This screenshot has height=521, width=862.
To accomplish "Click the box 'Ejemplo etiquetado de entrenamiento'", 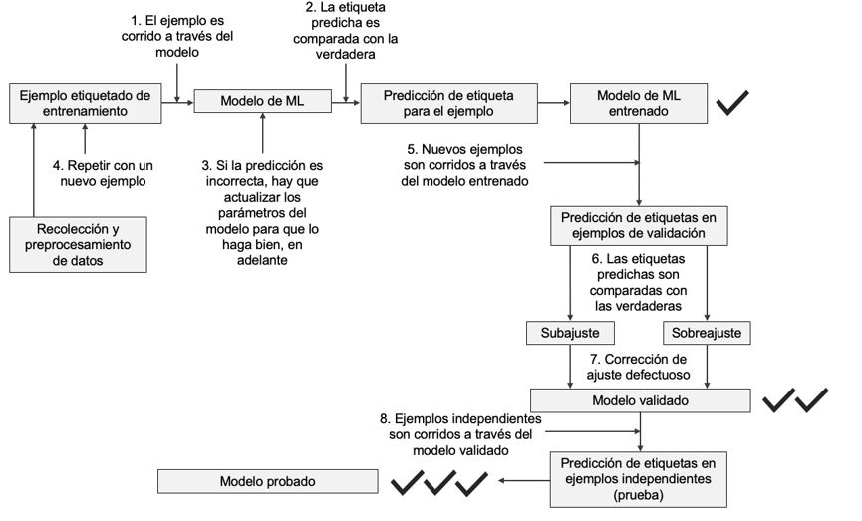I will click(86, 103).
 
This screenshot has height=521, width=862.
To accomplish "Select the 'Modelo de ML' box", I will click(262, 102).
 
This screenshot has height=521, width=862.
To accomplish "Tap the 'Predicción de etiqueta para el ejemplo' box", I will click(450, 103).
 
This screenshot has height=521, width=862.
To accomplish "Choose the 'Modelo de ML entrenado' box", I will click(639, 103).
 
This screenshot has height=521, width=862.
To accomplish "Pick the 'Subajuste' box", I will click(569, 331).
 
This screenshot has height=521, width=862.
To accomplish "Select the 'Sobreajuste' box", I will click(707, 331).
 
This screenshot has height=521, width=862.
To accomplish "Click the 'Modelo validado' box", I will click(639, 399).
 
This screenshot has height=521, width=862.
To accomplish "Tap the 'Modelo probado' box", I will click(267, 482).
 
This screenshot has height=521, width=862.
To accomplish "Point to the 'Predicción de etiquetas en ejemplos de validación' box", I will click(639, 226).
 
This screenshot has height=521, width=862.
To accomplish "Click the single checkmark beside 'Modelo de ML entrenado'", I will click(732, 101).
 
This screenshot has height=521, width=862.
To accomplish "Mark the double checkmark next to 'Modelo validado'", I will click(795, 400).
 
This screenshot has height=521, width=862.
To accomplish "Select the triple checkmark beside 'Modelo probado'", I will click(439, 483).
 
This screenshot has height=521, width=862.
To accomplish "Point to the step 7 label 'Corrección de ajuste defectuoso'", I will click(639, 366).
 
